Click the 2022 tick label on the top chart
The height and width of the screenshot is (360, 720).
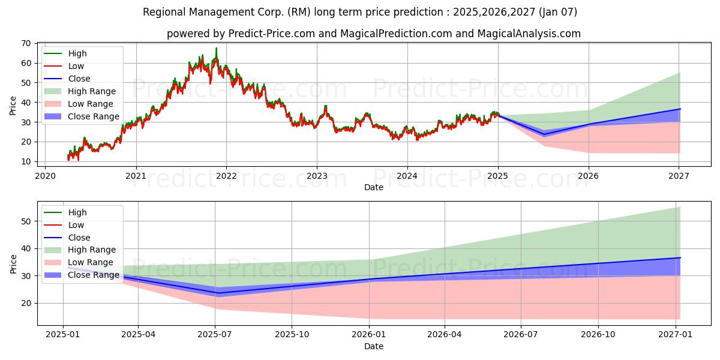tap(226, 176)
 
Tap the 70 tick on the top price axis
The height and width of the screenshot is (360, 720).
tap(26, 43)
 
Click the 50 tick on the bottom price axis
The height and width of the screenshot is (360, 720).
tap(26, 221)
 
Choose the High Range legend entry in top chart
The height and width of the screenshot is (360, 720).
tap(92, 91)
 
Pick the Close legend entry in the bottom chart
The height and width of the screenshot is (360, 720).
tap(79, 238)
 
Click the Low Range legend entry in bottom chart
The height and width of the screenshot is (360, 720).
tap(91, 262)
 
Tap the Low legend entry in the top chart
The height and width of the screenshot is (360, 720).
tap(76, 66)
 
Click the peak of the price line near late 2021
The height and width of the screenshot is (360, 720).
tap(217, 48)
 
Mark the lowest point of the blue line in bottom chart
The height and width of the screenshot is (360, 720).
tap(215, 293)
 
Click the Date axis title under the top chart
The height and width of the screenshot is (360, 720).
tap(374, 187)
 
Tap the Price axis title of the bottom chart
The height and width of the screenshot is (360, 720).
tap(13, 263)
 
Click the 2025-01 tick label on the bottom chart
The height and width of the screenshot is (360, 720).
tap(63, 335)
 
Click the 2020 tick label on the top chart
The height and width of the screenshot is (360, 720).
tap(45, 176)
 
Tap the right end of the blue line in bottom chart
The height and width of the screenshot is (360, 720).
tap(680, 257)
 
